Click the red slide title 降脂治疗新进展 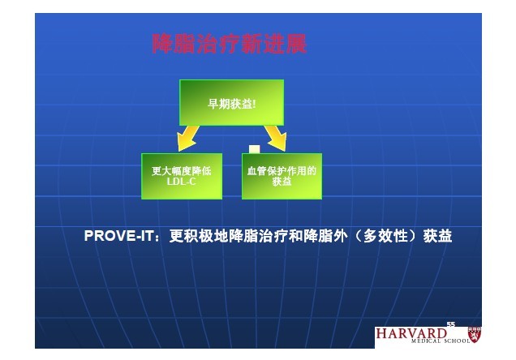230,44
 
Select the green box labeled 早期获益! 232,103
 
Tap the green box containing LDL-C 182,176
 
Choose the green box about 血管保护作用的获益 282,176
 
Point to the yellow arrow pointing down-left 188,138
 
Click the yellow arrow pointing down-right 276,138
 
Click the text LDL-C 181,182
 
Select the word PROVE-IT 118,236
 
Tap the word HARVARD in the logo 411,333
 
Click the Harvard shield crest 475,335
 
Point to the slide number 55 451,324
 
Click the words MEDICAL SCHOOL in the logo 441,341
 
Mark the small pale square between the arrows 255,149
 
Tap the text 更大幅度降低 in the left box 181,171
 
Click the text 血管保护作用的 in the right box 282,171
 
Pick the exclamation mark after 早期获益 254,105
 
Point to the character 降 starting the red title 163,44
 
